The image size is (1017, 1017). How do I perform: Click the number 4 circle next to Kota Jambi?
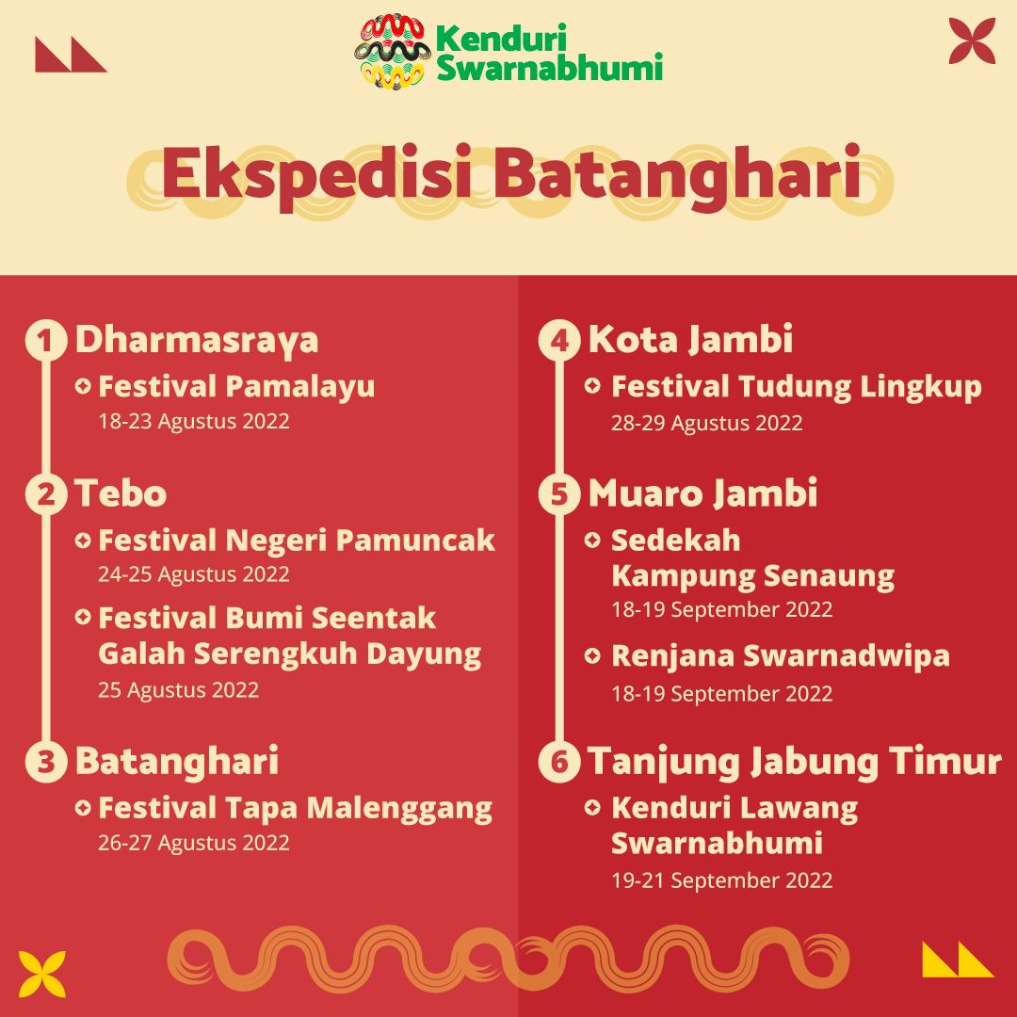click(559, 341)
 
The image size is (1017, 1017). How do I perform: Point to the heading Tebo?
click(121, 493)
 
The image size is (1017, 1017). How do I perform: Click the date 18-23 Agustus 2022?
click(193, 421)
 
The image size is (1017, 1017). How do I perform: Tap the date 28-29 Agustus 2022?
click(706, 423)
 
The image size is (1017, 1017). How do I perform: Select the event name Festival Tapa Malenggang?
click(295, 808)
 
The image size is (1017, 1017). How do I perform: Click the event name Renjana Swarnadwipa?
click(781, 655)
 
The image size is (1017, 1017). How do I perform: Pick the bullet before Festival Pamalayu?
click(83, 386)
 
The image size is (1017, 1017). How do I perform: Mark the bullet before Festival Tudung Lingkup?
click(593, 386)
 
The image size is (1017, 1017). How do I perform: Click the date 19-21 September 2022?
click(721, 880)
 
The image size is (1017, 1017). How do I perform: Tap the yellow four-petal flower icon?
click(42, 974)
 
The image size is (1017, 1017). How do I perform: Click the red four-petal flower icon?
click(972, 40)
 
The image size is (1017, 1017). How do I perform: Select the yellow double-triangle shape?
click(957, 960)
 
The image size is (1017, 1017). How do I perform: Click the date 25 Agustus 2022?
click(178, 689)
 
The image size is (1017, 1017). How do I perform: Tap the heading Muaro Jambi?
click(702, 493)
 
